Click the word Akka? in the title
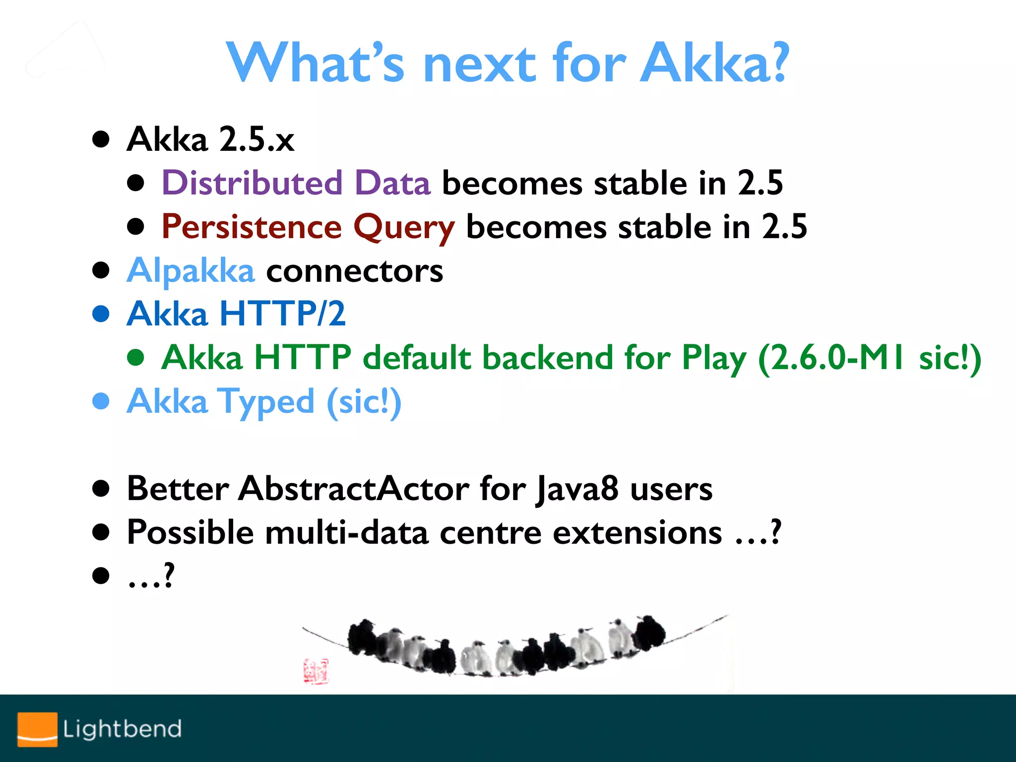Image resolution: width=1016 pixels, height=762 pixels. point(713,63)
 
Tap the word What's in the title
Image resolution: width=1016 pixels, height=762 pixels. point(315,63)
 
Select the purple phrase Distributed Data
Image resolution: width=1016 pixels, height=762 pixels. point(296,183)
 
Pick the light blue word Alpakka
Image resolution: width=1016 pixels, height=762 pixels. point(190,271)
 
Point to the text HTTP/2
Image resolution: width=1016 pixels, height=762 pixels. point(282,314)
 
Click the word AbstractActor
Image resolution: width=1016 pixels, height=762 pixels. point(353,489)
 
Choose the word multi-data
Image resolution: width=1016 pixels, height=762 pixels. point(346,533)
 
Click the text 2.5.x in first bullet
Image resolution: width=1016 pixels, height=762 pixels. point(256,139)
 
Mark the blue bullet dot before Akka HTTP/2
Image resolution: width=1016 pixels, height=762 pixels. point(101,314)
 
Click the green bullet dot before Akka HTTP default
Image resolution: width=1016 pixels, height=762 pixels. point(135,357)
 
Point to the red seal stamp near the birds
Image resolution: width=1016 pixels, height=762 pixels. point(316,671)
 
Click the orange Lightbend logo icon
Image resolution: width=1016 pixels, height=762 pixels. point(37,729)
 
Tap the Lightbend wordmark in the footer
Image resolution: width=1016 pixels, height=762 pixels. point(122,729)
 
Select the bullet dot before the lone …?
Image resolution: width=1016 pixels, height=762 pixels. point(101,575)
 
